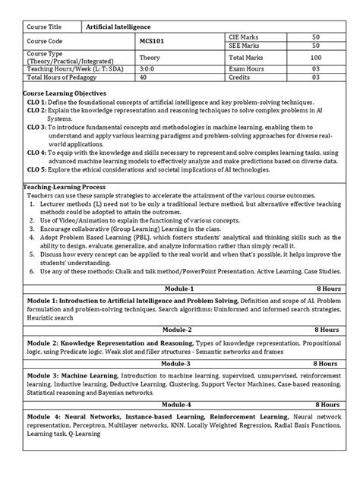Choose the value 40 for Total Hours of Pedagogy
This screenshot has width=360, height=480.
point(143,76)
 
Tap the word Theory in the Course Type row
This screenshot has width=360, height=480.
point(150,57)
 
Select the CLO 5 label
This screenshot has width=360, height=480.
point(38,170)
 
